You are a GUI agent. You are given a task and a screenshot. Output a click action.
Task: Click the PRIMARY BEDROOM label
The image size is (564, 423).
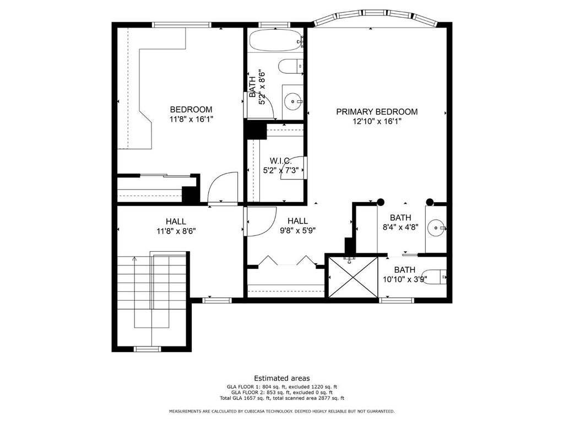click(x=377, y=112)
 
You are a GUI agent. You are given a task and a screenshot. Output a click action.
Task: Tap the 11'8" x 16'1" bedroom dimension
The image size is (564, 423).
click(x=191, y=119)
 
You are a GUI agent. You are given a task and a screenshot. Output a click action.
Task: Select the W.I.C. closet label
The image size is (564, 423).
click(x=280, y=161)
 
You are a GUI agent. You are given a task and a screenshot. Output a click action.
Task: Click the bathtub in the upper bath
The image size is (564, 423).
click(x=276, y=40)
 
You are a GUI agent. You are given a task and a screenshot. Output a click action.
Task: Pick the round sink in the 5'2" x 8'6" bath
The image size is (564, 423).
click(x=293, y=102)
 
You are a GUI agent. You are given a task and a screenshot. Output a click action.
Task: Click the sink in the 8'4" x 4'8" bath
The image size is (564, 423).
click(x=437, y=227)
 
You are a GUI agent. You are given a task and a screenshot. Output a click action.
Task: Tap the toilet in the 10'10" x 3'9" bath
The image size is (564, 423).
click(x=433, y=277)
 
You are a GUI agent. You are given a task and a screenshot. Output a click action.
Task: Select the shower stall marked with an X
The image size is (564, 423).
click(x=354, y=276)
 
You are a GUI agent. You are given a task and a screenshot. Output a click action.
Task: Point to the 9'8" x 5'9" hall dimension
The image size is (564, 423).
click(x=297, y=230)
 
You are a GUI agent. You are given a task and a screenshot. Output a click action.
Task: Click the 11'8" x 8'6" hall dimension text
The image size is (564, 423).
click(x=176, y=231)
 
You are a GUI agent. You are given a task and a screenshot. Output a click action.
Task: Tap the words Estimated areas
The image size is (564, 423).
click(x=281, y=378)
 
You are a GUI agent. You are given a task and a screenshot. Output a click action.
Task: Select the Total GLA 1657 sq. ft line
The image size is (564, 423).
click(x=281, y=398)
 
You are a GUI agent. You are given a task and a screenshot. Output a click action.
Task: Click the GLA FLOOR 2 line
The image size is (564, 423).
click(x=281, y=392)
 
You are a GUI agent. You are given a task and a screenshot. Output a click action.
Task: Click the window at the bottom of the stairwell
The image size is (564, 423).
click(x=147, y=349)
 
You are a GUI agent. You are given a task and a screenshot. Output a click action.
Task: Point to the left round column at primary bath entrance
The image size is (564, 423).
click(x=381, y=202)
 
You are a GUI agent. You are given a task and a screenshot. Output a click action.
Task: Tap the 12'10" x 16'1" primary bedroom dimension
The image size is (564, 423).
click(x=377, y=122)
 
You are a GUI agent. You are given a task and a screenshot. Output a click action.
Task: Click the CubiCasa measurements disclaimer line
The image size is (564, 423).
click(x=281, y=411)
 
